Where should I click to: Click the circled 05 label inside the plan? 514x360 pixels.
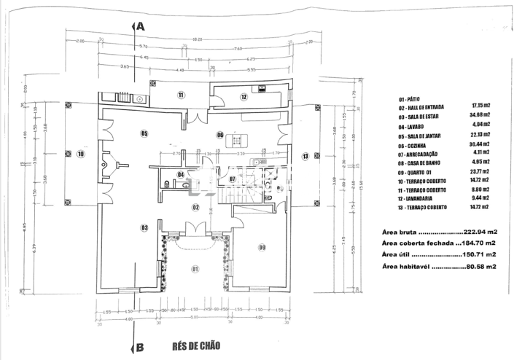tap(144, 133)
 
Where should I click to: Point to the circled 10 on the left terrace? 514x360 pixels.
tap(80, 154)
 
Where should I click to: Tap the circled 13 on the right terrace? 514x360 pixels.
tap(305, 154)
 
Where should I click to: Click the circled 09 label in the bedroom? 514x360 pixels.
tap(262, 248)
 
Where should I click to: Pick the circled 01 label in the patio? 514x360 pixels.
tap(195, 269)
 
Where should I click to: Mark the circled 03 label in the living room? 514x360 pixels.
tap(144, 228)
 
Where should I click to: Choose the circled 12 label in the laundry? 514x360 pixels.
tap(244, 96)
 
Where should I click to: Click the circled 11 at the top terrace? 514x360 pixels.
tap(180, 95)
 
